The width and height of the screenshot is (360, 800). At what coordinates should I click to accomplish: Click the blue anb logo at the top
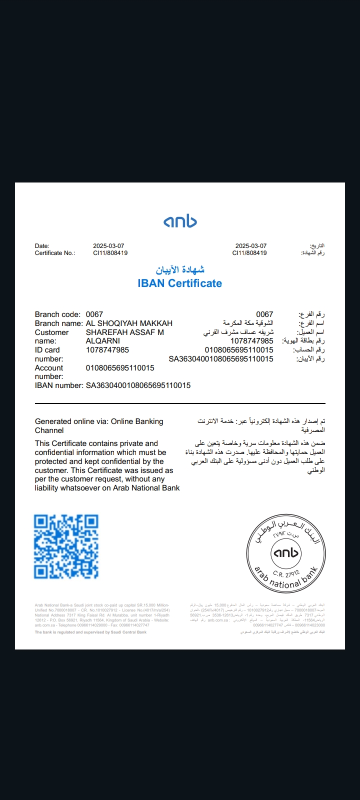point(180,221)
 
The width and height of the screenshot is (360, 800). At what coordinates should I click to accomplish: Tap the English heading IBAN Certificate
point(180,283)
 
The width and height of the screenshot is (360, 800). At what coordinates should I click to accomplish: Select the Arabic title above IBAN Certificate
point(180,270)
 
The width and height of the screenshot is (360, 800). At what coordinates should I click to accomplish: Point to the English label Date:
point(42,246)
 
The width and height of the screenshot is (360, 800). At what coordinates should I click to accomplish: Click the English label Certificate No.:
point(55,253)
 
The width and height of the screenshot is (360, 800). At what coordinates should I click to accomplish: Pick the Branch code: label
point(57,314)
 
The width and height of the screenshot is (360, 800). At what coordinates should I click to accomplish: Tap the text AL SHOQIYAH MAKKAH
point(129,323)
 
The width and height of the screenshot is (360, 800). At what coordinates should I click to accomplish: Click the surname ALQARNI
point(103,341)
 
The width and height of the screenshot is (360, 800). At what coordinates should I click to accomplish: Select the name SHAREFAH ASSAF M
point(125,332)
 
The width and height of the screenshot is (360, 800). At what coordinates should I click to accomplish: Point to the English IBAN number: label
point(59,385)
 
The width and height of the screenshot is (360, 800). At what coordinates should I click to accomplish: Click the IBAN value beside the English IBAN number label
point(138,385)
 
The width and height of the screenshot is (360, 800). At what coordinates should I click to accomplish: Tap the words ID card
point(47,350)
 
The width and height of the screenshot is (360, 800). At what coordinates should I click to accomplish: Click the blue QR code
point(66,546)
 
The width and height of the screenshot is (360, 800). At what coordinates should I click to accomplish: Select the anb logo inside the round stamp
point(286,552)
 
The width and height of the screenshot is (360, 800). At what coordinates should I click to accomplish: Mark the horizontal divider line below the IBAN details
point(180,403)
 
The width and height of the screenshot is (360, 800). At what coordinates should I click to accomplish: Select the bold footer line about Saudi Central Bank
point(90,632)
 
